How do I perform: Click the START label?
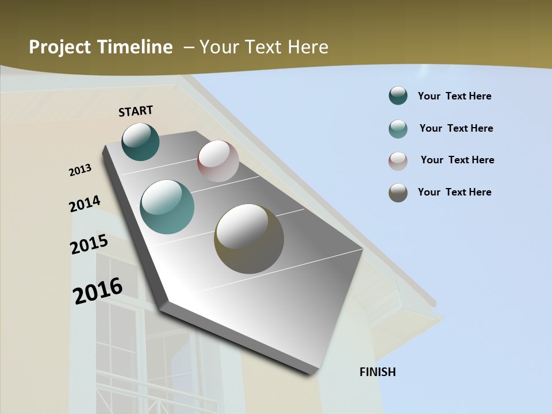[x=136, y=110]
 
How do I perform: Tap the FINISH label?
[x=377, y=372]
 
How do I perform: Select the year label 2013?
[x=80, y=170]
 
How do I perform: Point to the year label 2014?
[x=85, y=204]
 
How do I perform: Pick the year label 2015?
[x=89, y=244]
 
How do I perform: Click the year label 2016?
[x=98, y=290]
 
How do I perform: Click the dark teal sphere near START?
[x=140, y=141]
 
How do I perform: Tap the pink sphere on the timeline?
[x=218, y=161]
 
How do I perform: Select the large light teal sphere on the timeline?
[x=167, y=207]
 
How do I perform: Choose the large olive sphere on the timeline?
[x=249, y=239]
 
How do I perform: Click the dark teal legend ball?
[x=398, y=95]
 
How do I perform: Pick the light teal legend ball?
[x=398, y=129]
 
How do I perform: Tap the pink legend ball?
[x=398, y=161]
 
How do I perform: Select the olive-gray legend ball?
[x=398, y=193]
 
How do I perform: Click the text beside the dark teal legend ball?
[x=454, y=96]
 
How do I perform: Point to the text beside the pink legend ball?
[x=457, y=160]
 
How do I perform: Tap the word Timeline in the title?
[x=136, y=47]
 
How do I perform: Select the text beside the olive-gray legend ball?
[x=454, y=192]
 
